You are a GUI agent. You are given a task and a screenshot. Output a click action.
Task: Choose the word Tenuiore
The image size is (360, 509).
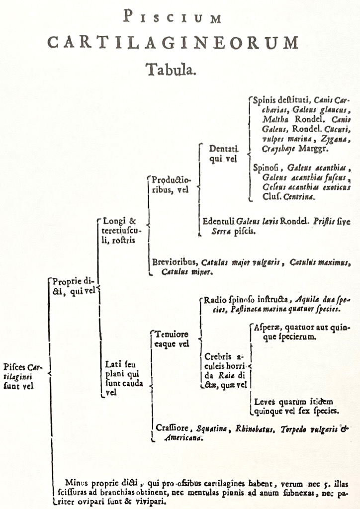(172, 334)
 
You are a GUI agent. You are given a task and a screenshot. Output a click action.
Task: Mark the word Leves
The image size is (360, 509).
(265, 401)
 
